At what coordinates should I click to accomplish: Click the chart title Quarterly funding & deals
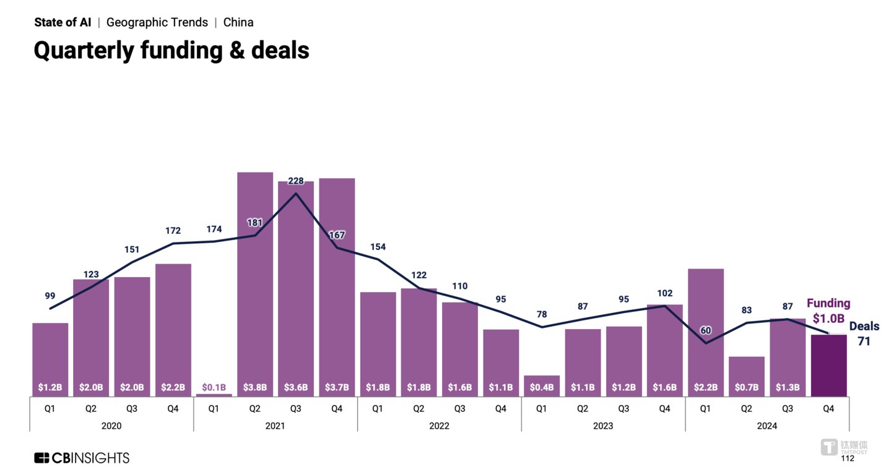pyautogui.click(x=172, y=49)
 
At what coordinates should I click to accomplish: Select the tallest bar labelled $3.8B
pyautogui.click(x=255, y=278)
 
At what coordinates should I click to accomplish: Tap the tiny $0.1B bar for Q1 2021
pyautogui.click(x=214, y=394)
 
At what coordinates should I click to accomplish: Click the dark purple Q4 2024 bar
pyautogui.click(x=828, y=365)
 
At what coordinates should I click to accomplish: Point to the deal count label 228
pyautogui.click(x=296, y=181)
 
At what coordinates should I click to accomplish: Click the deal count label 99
pyautogui.click(x=50, y=296)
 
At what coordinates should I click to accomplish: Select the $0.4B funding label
pyautogui.click(x=542, y=388)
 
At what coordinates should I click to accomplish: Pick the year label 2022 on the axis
pyautogui.click(x=439, y=426)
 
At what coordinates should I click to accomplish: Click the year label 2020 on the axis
pyautogui.click(x=111, y=426)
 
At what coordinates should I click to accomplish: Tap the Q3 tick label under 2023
pyautogui.click(x=624, y=408)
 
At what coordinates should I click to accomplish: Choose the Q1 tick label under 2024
pyautogui.click(x=705, y=408)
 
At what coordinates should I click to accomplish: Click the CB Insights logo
pyautogui.click(x=82, y=458)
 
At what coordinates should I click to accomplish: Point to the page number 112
pyautogui.click(x=847, y=458)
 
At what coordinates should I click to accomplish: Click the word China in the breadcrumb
pyautogui.click(x=238, y=22)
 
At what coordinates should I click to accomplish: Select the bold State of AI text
pyautogui.click(x=63, y=22)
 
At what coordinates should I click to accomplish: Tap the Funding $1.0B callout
pyautogui.click(x=828, y=311)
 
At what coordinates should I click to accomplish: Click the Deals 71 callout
pyautogui.click(x=864, y=333)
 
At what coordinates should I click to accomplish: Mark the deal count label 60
pyautogui.click(x=705, y=330)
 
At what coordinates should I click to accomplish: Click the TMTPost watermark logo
pyautogui.click(x=843, y=447)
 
